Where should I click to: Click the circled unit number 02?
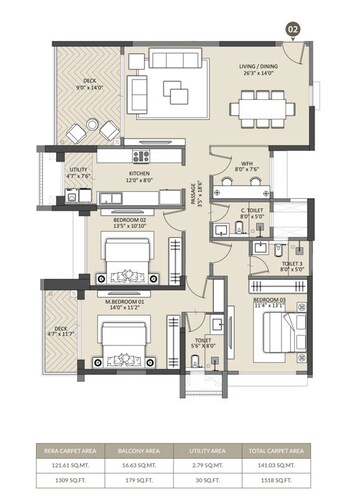coord(293,30)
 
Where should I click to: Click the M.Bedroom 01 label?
coord(126,303)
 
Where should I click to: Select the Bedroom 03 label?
coord(269,303)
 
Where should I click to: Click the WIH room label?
coord(245,166)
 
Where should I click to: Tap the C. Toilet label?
coord(250,213)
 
